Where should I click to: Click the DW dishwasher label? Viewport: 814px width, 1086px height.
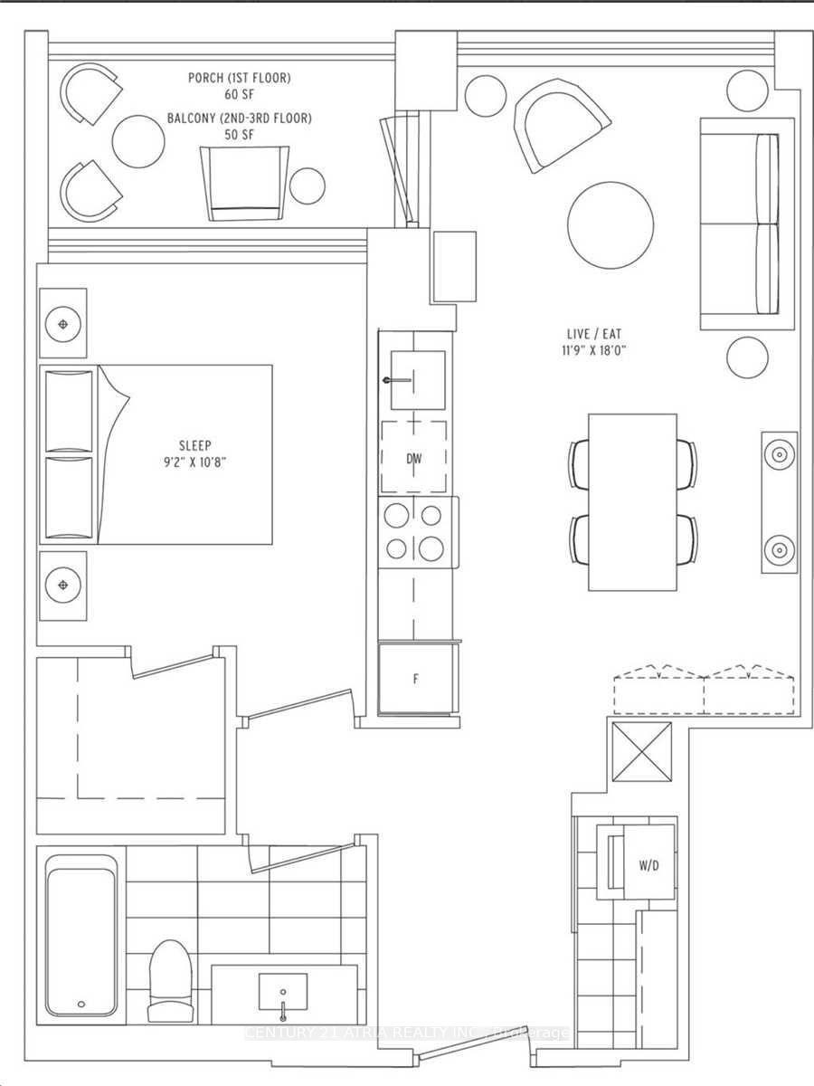pyautogui.click(x=413, y=459)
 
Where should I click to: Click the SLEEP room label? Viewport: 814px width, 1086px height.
pyautogui.click(x=194, y=445)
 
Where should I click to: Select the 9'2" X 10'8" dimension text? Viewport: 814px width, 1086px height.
pyautogui.click(x=194, y=462)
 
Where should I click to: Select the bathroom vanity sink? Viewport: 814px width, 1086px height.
pyautogui.click(x=282, y=993)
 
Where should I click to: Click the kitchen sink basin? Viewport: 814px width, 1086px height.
pyautogui.click(x=417, y=380)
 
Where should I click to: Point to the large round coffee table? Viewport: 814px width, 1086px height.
pyautogui.click(x=610, y=225)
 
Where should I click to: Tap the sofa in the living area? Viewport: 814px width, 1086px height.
pyautogui.click(x=740, y=224)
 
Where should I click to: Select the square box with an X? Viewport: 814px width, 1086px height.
pyautogui.click(x=642, y=753)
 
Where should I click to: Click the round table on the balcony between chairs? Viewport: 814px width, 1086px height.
pyautogui.click(x=137, y=138)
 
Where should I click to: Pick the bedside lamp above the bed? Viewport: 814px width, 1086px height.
pyautogui.click(x=62, y=323)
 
